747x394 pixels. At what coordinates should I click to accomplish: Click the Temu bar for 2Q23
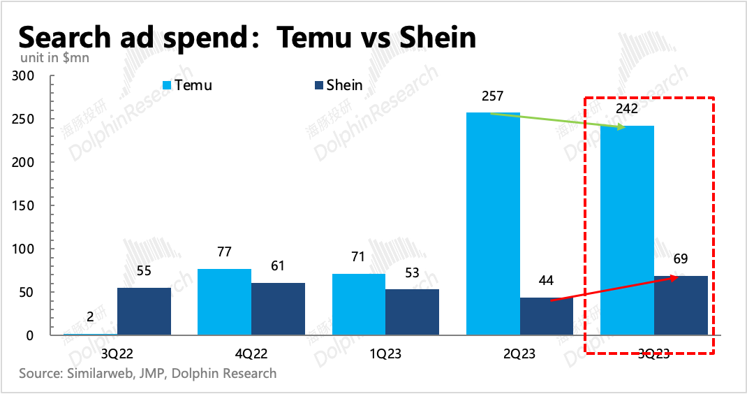coord(493,224)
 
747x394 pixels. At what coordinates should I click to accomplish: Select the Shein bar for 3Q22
coord(144,312)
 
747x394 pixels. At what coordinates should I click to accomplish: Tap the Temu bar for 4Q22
coord(224,302)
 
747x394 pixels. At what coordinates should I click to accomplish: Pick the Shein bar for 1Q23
coord(412,312)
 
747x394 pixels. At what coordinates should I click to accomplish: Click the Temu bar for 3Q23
coord(627,231)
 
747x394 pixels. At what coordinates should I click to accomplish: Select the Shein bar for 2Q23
coord(547,316)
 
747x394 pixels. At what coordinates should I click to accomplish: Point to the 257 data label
coord(492,96)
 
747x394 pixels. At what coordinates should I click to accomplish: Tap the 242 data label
coord(627,108)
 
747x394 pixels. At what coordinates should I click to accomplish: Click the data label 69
coord(680,259)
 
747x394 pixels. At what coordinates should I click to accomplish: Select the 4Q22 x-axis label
coord(251,353)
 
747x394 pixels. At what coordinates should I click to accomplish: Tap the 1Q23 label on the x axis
coord(385,353)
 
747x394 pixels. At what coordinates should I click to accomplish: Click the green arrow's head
coord(622,127)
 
